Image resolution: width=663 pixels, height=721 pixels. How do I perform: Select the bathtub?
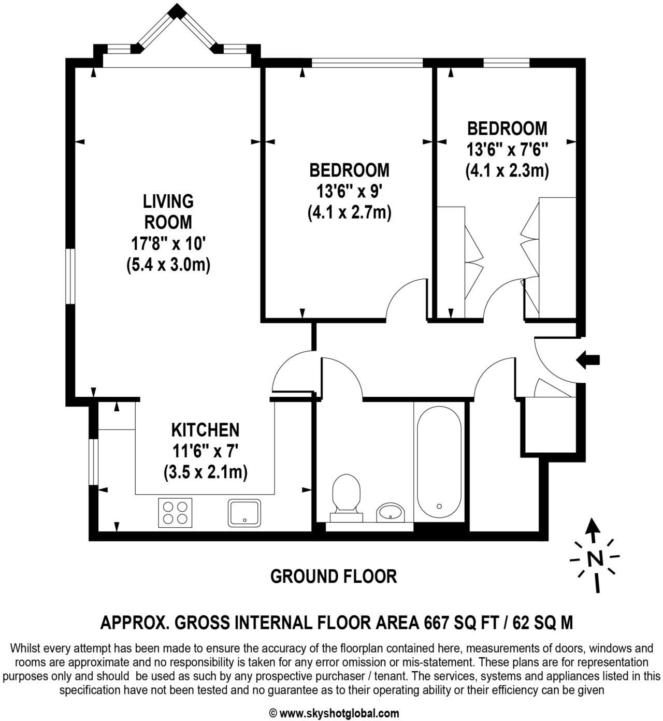(x=438, y=462)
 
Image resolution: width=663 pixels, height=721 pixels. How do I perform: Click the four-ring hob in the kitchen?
(x=175, y=513)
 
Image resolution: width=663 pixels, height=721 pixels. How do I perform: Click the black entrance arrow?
(x=588, y=359)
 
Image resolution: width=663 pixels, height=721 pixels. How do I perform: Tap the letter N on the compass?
(x=595, y=558)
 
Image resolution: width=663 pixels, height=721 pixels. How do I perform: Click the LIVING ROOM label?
(x=168, y=211)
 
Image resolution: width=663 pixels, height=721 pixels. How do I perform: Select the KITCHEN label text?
(x=205, y=430)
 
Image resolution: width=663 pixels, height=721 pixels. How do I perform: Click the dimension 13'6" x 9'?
(x=350, y=192)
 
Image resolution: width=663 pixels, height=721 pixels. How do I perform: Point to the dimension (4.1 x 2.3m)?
(x=507, y=170)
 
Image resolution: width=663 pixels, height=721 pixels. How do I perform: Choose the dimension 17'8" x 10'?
(x=168, y=243)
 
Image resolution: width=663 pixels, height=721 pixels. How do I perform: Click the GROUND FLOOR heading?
(x=334, y=576)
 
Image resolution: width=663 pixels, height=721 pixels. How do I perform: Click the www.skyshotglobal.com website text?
(x=339, y=713)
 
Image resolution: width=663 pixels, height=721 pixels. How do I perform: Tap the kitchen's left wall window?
(x=93, y=462)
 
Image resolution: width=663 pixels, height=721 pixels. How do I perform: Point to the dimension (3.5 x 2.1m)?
(x=205, y=472)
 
